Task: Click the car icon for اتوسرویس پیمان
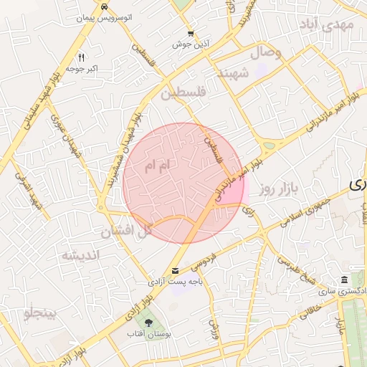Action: [105, 6]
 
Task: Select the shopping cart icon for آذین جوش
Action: [190, 33]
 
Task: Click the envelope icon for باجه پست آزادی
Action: [176, 270]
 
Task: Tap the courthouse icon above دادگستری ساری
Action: [345, 280]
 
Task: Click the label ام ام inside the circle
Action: [158, 166]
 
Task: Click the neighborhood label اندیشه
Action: [80, 255]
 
